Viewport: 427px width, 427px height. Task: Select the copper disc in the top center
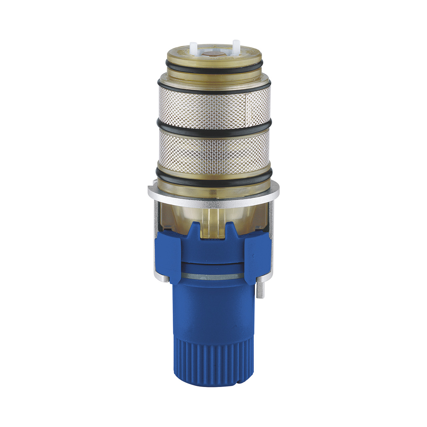tap(213, 53)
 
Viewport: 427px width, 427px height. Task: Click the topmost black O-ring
tap(213, 68)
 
